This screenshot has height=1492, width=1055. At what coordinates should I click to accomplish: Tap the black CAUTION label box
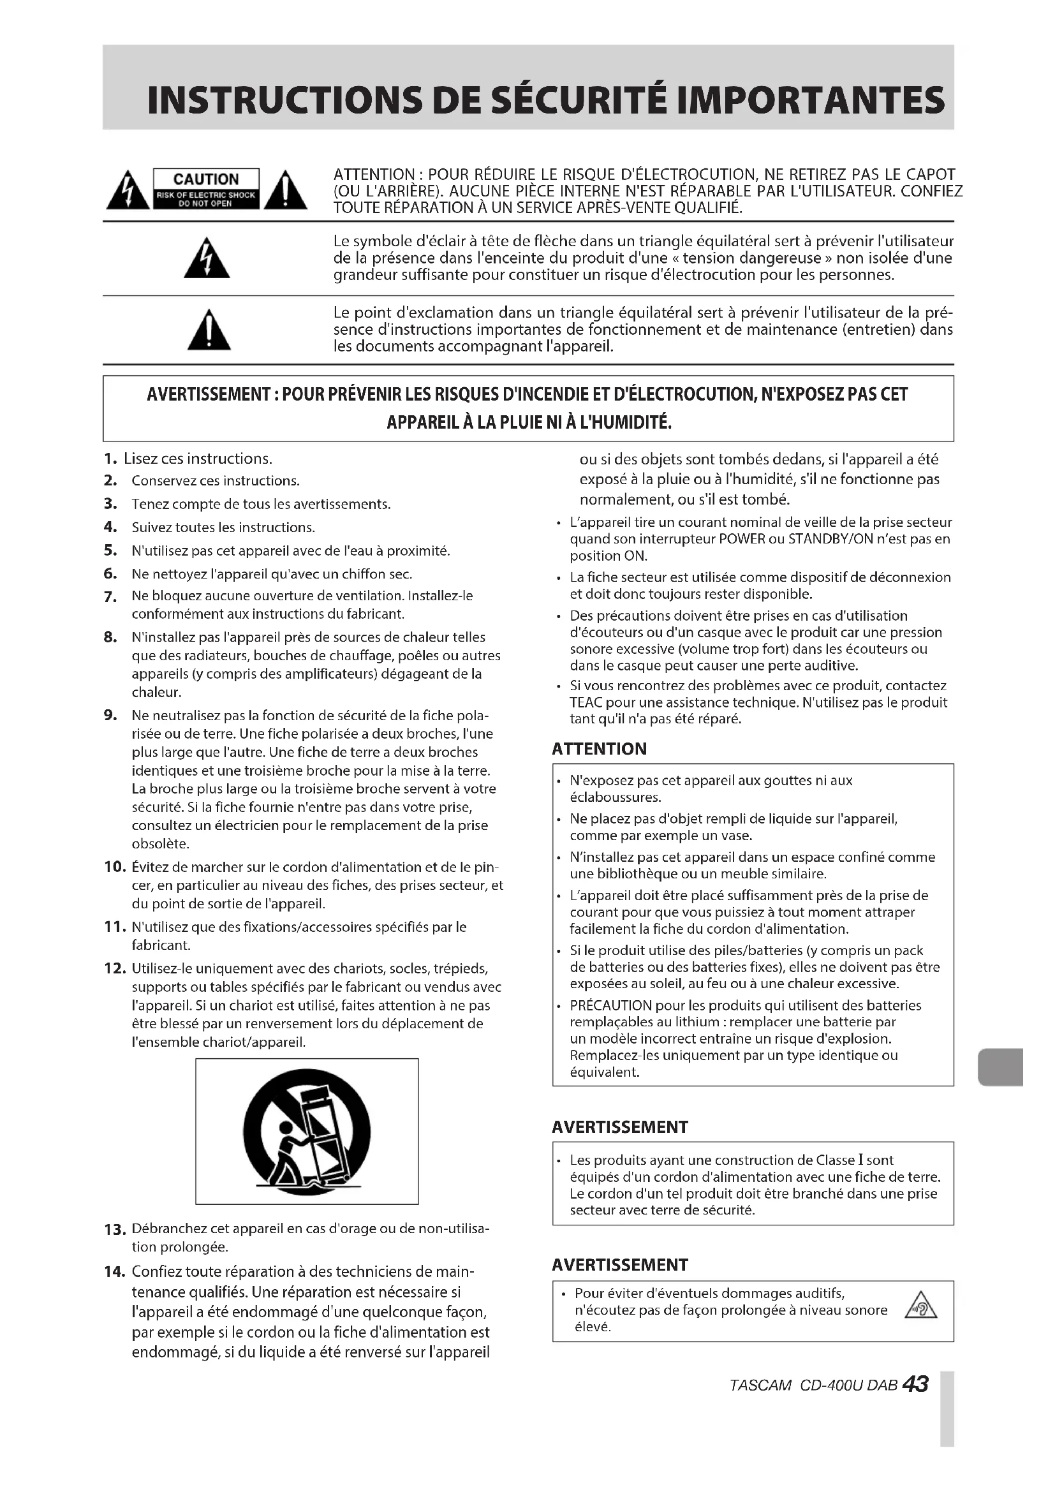tap(206, 189)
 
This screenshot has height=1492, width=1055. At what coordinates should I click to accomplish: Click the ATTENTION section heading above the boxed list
tap(599, 750)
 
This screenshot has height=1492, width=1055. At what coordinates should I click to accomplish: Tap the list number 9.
tap(110, 716)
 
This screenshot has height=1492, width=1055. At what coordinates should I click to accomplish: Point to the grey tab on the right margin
tap(1000, 1067)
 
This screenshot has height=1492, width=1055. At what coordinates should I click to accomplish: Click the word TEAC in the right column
tap(586, 702)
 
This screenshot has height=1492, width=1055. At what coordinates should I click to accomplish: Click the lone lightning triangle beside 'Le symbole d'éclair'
tap(207, 258)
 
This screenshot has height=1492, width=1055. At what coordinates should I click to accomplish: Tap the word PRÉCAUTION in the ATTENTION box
tap(610, 1005)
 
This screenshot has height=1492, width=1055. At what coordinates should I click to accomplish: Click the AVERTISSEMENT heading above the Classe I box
tap(620, 1127)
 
